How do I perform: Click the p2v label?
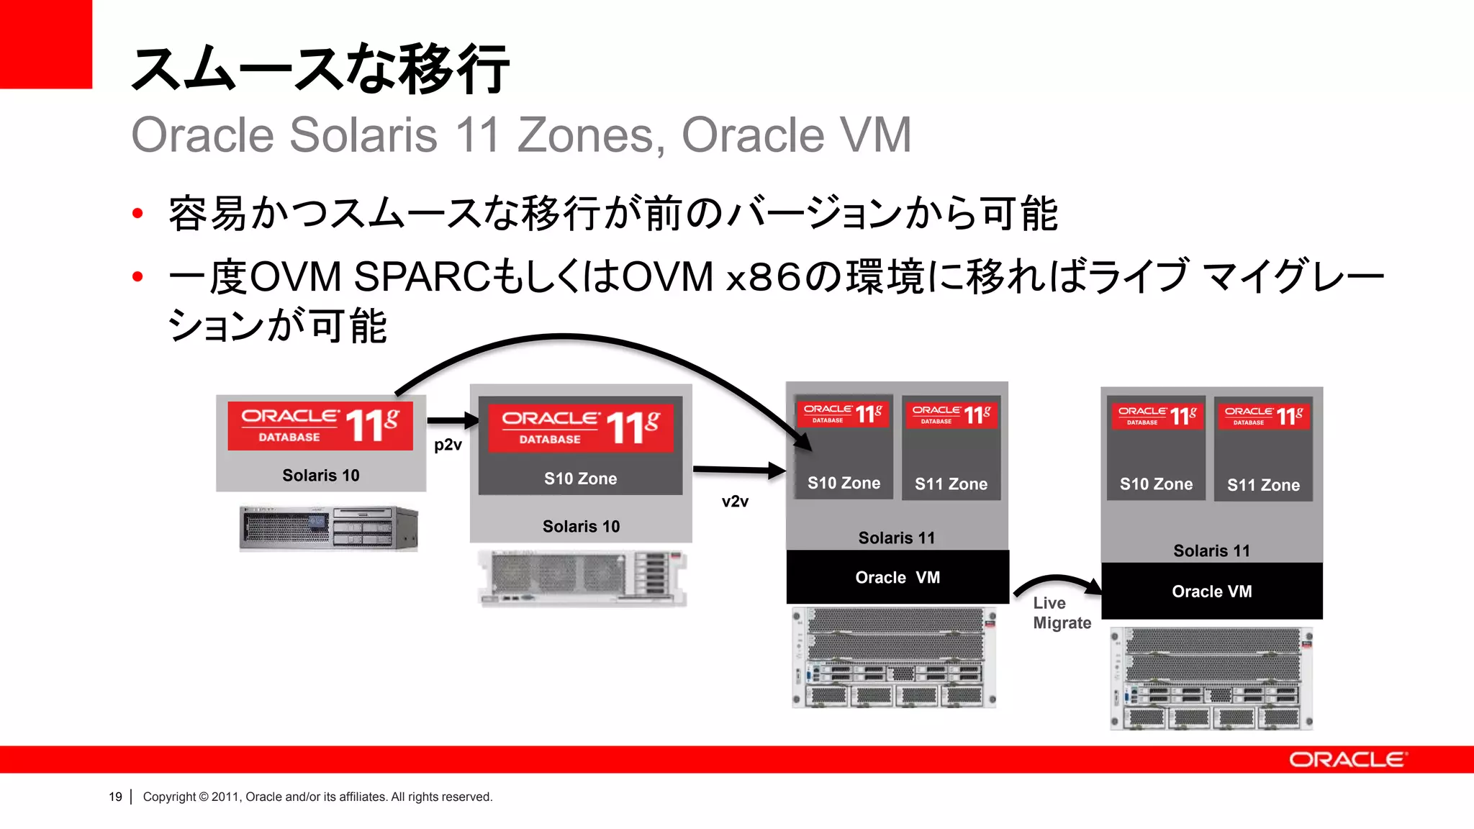click(448, 445)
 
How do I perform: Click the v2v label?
click(735, 502)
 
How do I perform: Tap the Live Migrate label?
click(1061, 613)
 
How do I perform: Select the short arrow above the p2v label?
click(452, 420)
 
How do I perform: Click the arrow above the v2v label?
click(738, 471)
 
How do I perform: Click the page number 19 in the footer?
click(115, 797)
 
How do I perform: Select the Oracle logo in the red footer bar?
click(1347, 760)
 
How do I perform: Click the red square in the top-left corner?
click(46, 44)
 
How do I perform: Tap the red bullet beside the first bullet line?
click(138, 214)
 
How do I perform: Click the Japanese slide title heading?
click(320, 69)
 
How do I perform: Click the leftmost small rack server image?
click(328, 528)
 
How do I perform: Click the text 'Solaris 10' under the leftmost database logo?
click(320, 476)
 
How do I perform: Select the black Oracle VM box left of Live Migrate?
click(897, 577)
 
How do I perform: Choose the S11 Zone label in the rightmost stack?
click(1263, 485)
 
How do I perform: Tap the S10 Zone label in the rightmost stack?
click(1156, 484)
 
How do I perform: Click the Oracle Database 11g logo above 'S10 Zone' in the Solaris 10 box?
click(580, 427)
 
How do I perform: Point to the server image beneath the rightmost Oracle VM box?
click(1211, 679)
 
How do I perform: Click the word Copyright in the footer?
click(169, 797)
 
